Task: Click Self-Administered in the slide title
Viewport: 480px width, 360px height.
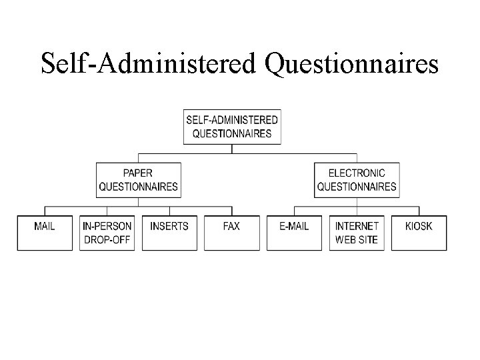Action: [x=149, y=64]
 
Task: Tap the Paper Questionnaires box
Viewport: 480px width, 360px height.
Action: [x=139, y=179]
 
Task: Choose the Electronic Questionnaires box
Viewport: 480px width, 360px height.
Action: [x=357, y=179]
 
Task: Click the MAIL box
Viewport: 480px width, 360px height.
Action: [x=45, y=233]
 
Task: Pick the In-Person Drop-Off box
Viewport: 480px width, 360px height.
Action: [x=107, y=233]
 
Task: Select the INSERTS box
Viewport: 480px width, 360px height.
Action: [x=169, y=233]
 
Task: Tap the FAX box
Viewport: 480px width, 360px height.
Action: [x=231, y=233]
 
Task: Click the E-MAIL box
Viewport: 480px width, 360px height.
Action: [x=294, y=233]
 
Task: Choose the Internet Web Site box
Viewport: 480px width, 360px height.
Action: [x=357, y=233]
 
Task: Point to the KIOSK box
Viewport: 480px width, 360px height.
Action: [x=419, y=233]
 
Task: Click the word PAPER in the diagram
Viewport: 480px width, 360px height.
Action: [x=139, y=173]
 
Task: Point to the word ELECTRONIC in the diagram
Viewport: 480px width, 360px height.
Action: [x=357, y=173]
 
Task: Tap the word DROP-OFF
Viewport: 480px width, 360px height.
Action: [x=107, y=239]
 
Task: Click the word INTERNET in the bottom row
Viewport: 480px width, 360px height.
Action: [x=357, y=227]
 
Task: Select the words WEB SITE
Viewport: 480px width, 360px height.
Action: [x=357, y=239]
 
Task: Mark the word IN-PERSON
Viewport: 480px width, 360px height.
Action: [x=107, y=227]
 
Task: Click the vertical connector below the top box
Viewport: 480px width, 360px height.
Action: [x=232, y=149]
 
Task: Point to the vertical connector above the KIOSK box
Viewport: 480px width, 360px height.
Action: [x=419, y=211]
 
